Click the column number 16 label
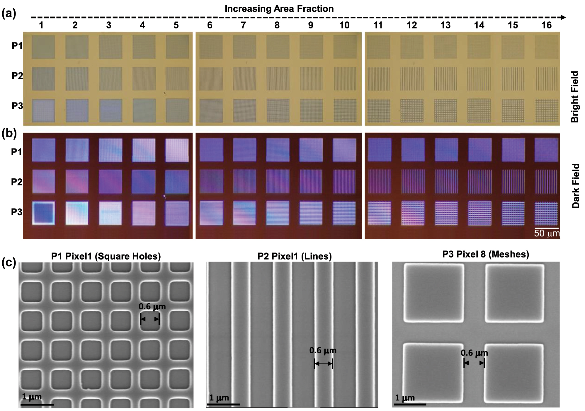coord(546,25)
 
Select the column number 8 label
coord(277,25)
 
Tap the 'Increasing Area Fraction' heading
coord(279,9)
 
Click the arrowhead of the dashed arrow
coord(563,18)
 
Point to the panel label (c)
coord(9,262)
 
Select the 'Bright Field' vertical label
coord(575,96)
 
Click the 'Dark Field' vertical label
coord(576,186)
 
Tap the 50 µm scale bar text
coord(547,233)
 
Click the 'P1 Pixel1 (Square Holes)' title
coord(106,256)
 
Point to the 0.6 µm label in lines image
coord(323,350)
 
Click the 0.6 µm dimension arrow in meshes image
coord(474,363)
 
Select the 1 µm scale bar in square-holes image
coord(37,405)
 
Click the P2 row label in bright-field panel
coord(17,76)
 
